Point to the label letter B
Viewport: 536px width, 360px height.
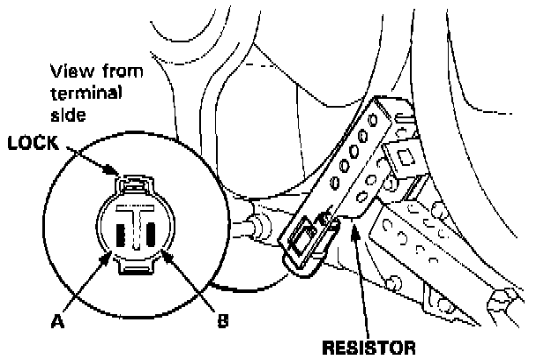[x=222, y=321]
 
